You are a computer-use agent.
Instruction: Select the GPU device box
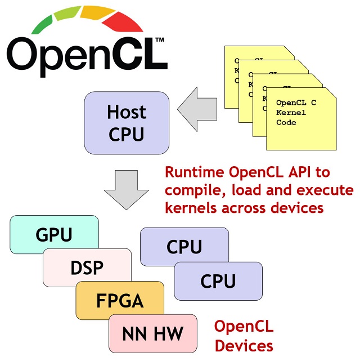coord(54,234)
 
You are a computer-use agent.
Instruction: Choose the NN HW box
coord(152,333)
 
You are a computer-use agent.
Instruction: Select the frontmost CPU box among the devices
coord(218,280)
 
